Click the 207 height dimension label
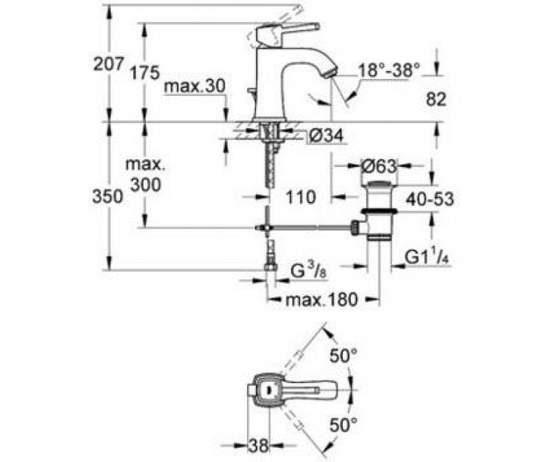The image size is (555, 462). tap(108, 64)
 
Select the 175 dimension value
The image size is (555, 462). tap(144, 73)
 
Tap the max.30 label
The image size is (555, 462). tap(195, 87)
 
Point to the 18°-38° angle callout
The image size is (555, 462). tap(389, 70)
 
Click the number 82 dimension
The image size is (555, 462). tap(436, 100)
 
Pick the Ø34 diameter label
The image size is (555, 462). tap(326, 136)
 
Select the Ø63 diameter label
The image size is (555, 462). tap(379, 166)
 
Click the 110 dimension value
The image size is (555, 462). tap(300, 197)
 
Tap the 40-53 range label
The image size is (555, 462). tap(429, 199)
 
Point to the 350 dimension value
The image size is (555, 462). tap(108, 197)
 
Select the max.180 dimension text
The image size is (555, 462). tap(322, 300)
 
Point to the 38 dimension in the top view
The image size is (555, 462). tap(259, 446)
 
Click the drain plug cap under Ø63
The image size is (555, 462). tap(380, 184)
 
